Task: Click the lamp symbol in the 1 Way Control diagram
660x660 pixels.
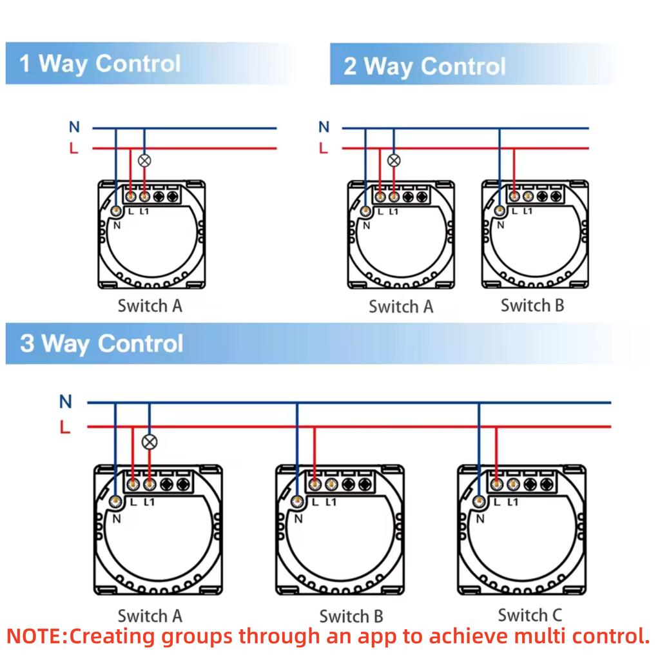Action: [144, 160]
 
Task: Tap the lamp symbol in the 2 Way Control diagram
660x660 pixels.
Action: [394, 160]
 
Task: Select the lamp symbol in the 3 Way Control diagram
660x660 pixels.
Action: [150, 442]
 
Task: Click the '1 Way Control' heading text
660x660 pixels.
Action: [100, 64]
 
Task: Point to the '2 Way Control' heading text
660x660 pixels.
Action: [424, 66]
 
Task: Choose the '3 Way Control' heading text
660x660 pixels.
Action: [101, 344]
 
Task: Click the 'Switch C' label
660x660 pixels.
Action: [530, 615]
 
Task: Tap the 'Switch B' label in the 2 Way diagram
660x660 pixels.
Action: [532, 305]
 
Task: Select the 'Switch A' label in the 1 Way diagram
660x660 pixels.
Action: [150, 306]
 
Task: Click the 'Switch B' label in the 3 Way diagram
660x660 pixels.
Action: [351, 616]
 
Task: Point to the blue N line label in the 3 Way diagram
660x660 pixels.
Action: [66, 402]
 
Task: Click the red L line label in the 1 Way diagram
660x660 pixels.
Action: [74, 148]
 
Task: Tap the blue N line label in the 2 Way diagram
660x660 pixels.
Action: [324, 127]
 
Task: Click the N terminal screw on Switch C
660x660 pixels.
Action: [479, 501]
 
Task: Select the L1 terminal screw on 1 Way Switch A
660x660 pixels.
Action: [144, 196]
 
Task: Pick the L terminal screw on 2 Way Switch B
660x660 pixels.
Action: [514, 196]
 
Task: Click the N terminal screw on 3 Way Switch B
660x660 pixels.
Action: [298, 501]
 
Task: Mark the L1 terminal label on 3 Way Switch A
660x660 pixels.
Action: [150, 502]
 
